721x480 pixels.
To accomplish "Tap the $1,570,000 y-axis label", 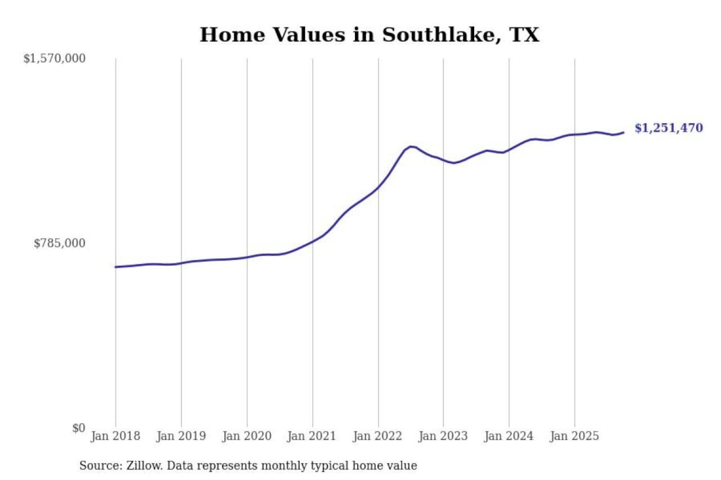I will tap(55, 58).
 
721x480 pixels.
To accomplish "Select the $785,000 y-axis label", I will tap(60, 243).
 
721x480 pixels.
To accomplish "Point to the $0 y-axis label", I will tap(79, 428).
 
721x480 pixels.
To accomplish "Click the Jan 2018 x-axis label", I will tap(115, 436).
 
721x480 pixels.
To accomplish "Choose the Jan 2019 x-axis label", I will tap(181, 436).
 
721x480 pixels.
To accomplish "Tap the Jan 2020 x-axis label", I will tap(246, 436).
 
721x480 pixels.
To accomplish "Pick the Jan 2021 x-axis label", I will tap(311, 436).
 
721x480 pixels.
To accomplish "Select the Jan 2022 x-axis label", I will tap(377, 436).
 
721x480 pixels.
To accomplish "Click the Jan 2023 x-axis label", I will tap(443, 436).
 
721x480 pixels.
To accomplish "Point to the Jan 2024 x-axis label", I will tap(509, 436).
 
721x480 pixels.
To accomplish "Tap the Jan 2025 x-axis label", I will tap(574, 436).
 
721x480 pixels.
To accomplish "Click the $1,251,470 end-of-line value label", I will tap(668, 128).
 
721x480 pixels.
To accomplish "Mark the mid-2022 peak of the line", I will tap(411, 146).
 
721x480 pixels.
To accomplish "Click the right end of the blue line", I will tap(623, 132).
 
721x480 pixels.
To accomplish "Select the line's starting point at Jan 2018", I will tap(116, 267).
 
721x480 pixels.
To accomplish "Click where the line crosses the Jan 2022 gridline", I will tap(379, 187).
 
